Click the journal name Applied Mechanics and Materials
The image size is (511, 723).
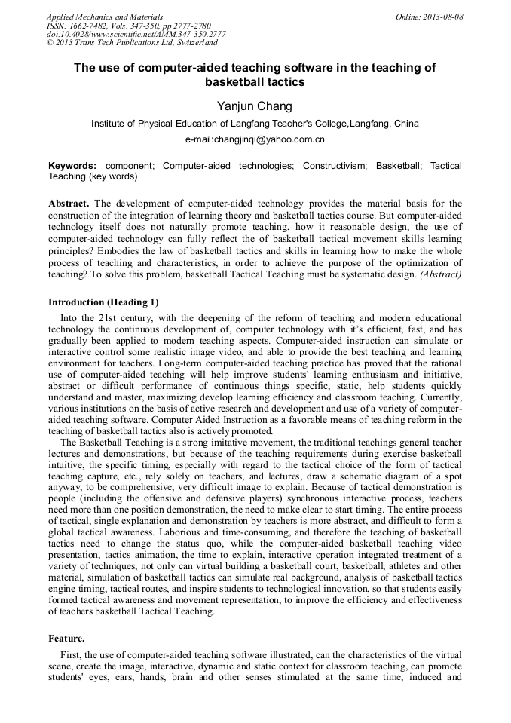[x=105, y=17]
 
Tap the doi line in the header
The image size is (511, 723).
[x=136, y=35]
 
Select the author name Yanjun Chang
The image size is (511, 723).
[x=254, y=106]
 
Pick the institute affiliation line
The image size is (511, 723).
[x=255, y=124]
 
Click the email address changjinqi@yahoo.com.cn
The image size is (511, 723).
[x=255, y=139]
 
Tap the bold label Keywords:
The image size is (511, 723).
[x=72, y=165]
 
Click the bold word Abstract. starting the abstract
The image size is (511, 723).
[x=69, y=204]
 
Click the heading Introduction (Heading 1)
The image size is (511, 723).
[x=103, y=302]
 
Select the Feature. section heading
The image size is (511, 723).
[x=66, y=638]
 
